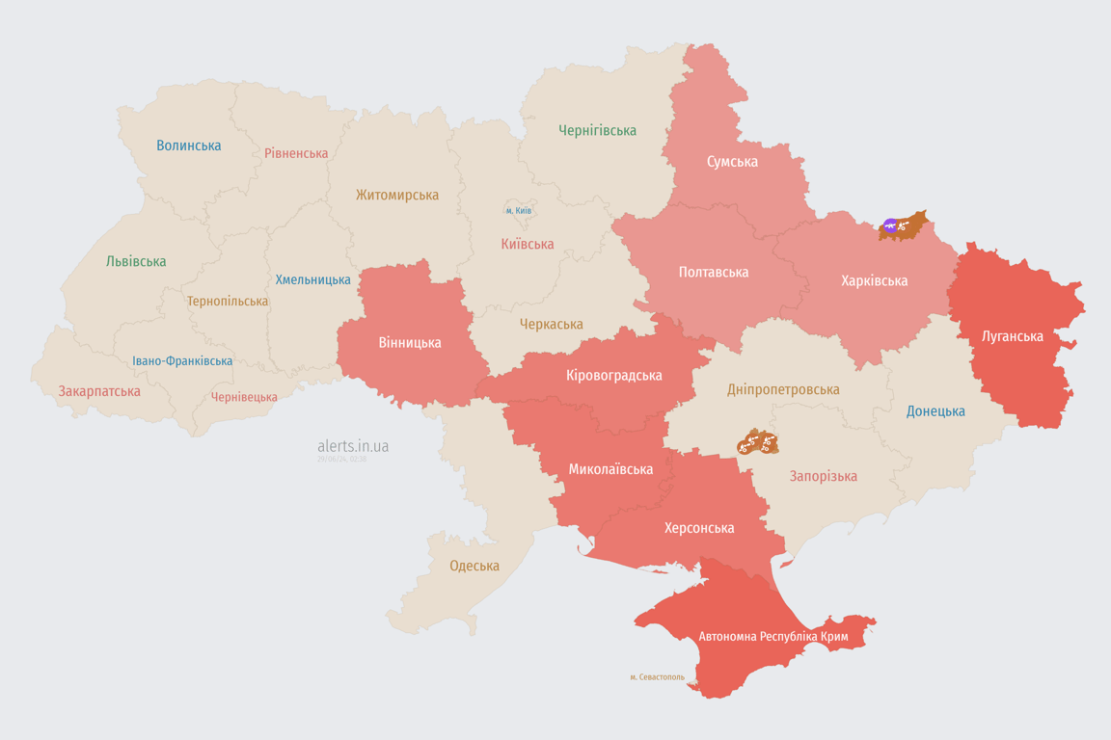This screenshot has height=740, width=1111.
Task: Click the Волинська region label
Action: [189, 145]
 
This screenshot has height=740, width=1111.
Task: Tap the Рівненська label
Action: [296, 153]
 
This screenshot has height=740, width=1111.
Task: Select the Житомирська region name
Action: [396, 195]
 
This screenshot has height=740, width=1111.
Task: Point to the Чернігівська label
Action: [597, 130]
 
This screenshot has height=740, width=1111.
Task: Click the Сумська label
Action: [731, 161]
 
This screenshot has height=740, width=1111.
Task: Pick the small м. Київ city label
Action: [518, 210]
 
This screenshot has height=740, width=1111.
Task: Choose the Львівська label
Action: [136, 261]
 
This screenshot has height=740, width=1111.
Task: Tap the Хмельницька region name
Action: [312, 279]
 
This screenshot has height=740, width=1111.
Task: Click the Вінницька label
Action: [409, 342]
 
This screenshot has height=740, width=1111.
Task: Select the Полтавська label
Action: [713, 272]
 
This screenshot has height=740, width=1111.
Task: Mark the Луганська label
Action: [1012, 336]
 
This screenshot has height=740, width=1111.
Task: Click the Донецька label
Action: [935, 411]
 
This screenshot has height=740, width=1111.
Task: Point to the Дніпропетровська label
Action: [782, 389]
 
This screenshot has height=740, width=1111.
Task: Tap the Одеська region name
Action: [474, 566]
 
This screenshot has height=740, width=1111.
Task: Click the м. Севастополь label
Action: [657, 677]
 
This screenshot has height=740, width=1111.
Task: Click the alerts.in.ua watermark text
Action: [353, 446]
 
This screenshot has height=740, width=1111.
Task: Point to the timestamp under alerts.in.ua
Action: [341, 460]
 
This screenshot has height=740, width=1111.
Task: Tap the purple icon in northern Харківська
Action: [890, 226]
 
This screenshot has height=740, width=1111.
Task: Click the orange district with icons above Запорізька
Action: [757, 443]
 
